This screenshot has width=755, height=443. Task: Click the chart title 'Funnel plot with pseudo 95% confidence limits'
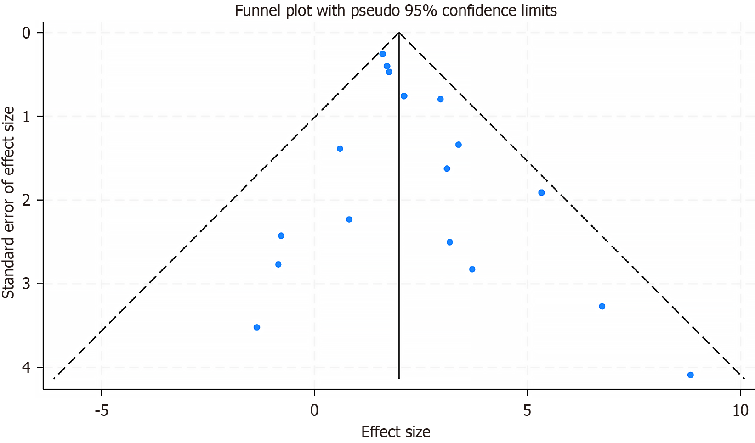396,10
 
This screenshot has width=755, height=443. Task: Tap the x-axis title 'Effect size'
396,432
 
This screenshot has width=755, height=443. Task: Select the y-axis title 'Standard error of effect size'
9,202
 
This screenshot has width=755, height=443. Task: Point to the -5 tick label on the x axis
101,410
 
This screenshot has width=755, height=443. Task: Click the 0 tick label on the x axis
314,410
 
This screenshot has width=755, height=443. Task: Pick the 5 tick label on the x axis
527,410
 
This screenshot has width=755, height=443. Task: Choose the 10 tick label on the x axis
740,410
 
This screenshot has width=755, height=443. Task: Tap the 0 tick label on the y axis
26,33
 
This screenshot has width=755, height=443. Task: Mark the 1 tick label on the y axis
26,117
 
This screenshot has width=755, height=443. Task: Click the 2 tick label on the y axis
26,200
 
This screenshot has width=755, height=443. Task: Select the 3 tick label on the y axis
26,284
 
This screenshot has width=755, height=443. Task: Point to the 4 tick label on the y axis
26,368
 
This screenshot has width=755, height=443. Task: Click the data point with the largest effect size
690,375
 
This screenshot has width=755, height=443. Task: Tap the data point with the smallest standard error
382,54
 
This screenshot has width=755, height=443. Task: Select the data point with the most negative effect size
257,327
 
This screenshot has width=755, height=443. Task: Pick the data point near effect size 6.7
602,307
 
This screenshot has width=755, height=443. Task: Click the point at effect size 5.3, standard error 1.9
541,193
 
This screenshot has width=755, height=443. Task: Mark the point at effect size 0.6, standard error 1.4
340,149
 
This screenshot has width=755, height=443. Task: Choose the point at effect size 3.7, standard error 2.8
472,269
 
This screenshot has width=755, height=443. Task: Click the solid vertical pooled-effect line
399,230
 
